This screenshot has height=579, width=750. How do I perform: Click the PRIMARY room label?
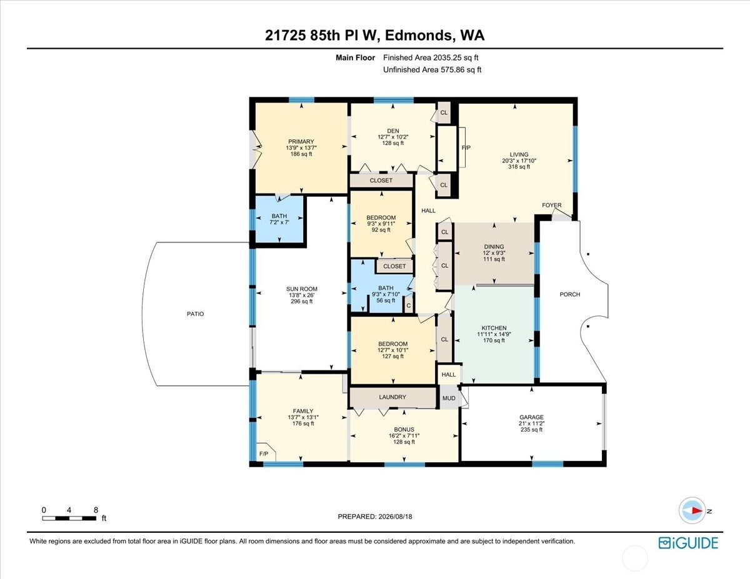(x=301, y=141)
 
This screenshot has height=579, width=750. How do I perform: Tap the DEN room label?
(x=392, y=131)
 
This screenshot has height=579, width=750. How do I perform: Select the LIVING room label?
(x=519, y=154)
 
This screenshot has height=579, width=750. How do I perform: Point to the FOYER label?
(x=551, y=205)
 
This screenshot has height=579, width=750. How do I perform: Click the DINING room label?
(x=494, y=247)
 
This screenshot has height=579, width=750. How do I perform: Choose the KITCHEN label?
(x=494, y=328)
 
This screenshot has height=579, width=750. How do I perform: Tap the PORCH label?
(x=570, y=294)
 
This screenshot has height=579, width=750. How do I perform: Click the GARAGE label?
(x=531, y=417)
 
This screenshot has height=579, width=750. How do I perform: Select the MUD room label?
(x=449, y=398)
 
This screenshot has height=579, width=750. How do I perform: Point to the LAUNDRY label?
(x=392, y=397)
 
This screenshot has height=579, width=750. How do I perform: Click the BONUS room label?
(x=404, y=429)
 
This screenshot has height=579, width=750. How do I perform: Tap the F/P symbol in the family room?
(x=264, y=454)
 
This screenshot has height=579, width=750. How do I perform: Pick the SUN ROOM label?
(x=302, y=289)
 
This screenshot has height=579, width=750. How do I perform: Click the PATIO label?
(x=196, y=314)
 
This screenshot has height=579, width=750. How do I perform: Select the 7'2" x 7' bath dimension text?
(x=279, y=222)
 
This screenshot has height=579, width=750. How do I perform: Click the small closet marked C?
(x=409, y=305)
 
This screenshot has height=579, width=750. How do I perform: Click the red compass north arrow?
(x=697, y=510)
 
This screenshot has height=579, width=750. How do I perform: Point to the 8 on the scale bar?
(x=96, y=510)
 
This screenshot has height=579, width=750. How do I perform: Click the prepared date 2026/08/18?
(x=395, y=517)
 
